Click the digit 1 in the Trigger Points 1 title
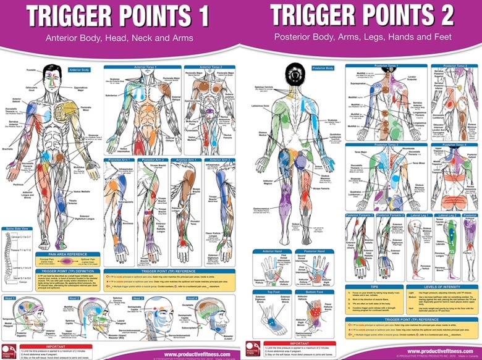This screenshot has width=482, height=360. pyautogui.click(x=202, y=16)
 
